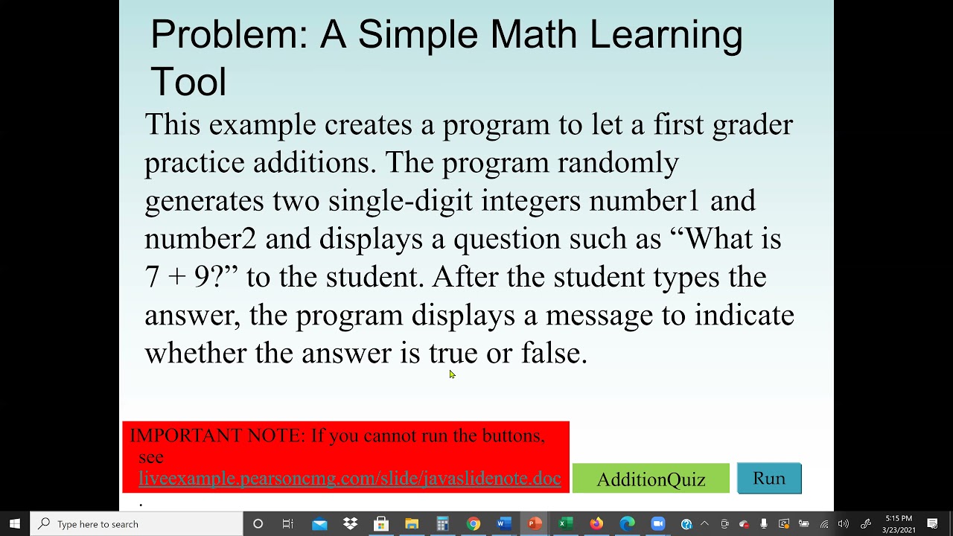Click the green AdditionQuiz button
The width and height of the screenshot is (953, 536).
(651, 479)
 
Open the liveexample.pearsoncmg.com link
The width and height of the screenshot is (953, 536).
(349, 479)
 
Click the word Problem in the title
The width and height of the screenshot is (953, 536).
(229, 35)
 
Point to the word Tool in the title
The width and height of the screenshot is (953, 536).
(188, 82)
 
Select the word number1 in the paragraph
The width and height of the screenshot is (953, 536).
(645, 200)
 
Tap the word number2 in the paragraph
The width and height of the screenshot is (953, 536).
(200, 239)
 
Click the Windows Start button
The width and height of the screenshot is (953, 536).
(15, 524)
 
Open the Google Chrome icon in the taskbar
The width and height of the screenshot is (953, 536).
(474, 524)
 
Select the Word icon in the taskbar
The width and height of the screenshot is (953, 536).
(504, 524)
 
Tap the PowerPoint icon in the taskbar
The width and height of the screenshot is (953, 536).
(535, 524)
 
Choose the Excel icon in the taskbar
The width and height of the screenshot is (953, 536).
(565, 524)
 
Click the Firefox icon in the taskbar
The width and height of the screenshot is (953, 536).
(596, 524)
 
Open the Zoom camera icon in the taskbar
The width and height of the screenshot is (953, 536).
(657, 524)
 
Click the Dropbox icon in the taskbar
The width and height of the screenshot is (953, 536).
(350, 524)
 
